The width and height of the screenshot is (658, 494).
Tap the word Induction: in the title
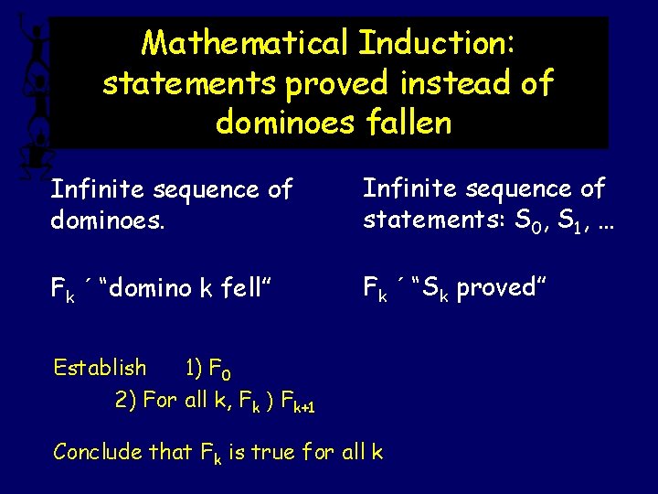438,42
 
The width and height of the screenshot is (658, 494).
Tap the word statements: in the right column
435,220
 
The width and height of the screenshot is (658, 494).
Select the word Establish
100,368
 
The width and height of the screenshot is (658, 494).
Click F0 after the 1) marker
220,370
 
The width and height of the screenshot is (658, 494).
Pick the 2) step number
126,400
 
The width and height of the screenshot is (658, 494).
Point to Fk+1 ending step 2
294,403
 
